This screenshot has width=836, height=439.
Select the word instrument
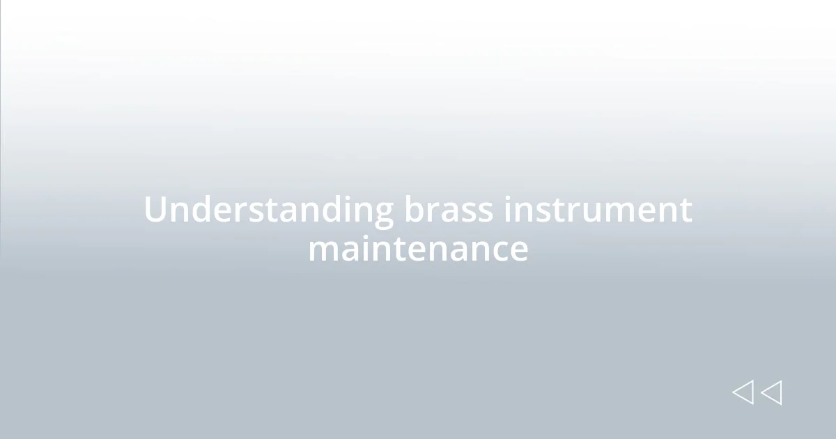click(x=598, y=210)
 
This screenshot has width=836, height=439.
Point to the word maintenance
click(x=418, y=249)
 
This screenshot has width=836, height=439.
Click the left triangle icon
click(x=743, y=392)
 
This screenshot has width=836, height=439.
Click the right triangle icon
click(x=771, y=392)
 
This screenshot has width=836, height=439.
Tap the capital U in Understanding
click(x=156, y=210)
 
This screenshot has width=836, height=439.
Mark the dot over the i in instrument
click(x=509, y=197)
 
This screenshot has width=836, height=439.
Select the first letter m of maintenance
click(x=323, y=252)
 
